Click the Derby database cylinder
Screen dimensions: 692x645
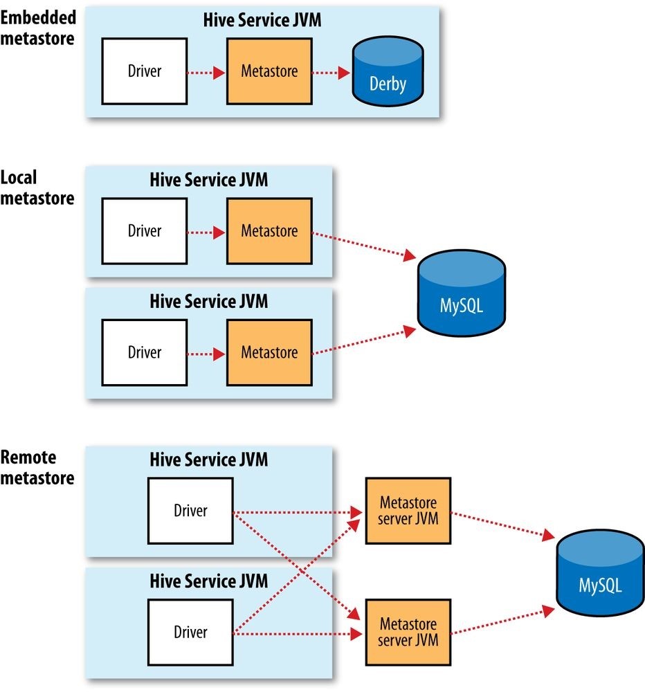click(387, 72)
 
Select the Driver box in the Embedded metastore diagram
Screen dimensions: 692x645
click(144, 71)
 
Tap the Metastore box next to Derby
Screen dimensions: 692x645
click(269, 71)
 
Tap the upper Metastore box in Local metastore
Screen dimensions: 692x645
click(269, 231)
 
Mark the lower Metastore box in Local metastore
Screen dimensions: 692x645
click(269, 352)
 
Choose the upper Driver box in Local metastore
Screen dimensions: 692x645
click(144, 231)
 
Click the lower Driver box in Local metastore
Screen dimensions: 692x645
click(144, 352)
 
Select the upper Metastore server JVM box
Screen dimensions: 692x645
click(408, 511)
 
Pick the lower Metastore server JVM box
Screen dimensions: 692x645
click(408, 632)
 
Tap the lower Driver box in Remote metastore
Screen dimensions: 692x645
click(190, 632)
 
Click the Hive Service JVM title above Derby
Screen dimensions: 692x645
click(262, 21)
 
